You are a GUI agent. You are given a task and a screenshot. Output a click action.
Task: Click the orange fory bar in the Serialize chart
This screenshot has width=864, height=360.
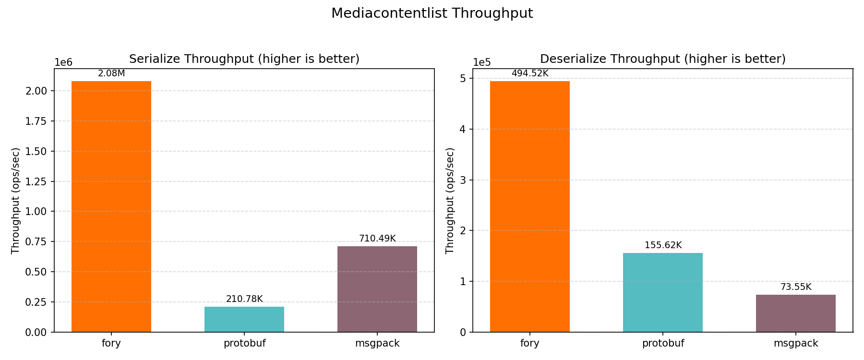coord(111,206)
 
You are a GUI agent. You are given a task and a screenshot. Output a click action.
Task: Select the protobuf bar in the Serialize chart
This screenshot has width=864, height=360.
coord(244,319)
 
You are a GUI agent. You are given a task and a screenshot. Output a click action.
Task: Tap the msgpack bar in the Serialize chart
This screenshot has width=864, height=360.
coord(377,289)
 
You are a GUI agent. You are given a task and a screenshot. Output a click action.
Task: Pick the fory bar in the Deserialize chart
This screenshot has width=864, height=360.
coord(530,206)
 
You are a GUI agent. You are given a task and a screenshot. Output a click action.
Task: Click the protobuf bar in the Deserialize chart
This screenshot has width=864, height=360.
coord(663,292)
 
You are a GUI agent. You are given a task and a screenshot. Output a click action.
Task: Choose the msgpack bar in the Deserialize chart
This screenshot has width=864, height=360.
coord(796,313)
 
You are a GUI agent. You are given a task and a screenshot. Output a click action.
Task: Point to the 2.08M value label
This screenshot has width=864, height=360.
coord(111,73)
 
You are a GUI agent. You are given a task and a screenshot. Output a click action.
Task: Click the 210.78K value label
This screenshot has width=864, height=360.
coord(244,299)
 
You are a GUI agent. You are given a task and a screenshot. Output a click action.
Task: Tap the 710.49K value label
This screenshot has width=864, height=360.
coord(377,239)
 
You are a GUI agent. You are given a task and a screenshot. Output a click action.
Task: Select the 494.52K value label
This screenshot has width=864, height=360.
coord(530,73)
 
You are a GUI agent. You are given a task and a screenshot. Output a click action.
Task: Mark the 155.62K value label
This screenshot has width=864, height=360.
coord(663,245)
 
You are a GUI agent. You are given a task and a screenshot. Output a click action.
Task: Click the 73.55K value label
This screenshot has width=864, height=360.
coord(796,287)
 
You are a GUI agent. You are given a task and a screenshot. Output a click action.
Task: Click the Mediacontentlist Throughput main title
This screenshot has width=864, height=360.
coord(432,13)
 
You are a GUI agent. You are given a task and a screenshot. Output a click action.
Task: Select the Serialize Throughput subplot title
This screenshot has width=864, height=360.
coord(244,59)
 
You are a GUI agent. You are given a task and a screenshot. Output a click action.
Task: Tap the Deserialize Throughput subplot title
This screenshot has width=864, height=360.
coord(663,59)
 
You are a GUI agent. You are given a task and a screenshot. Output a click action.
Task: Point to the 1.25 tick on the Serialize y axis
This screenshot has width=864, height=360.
coord(36,181)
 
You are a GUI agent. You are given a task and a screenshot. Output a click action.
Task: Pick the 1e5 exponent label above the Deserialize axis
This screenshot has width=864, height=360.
coord(482,62)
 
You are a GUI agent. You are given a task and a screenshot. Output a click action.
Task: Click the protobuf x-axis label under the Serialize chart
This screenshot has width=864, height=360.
coord(244,343)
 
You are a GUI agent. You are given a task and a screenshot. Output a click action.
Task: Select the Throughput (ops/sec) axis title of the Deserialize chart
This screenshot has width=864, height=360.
coord(450,201)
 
